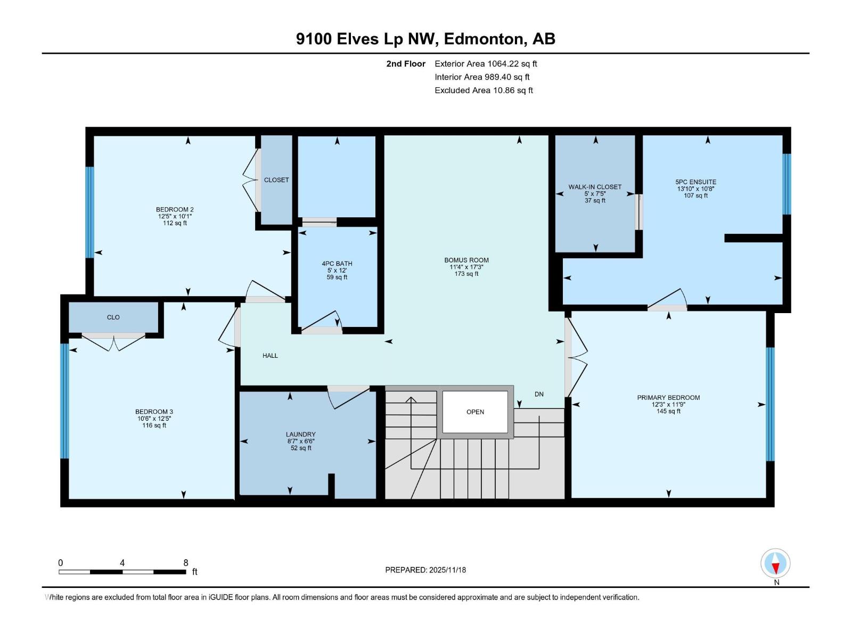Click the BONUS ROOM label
[466, 260]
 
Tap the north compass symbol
[776, 564]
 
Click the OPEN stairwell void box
[475, 412]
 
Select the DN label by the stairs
[539, 394]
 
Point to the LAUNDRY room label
[300, 435]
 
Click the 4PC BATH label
[337, 264]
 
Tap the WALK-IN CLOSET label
[595, 187]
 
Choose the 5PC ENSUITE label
[695, 182]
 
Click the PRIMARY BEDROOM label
[668, 398]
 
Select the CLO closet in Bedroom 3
[113, 317]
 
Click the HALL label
[270, 356]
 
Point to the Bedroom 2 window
[90, 212]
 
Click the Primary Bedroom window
[770, 404]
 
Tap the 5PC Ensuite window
[787, 184]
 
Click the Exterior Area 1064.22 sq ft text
[486, 64]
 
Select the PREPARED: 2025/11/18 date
[425, 570]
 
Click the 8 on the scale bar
[186, 563]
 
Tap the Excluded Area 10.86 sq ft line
[484, 91]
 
